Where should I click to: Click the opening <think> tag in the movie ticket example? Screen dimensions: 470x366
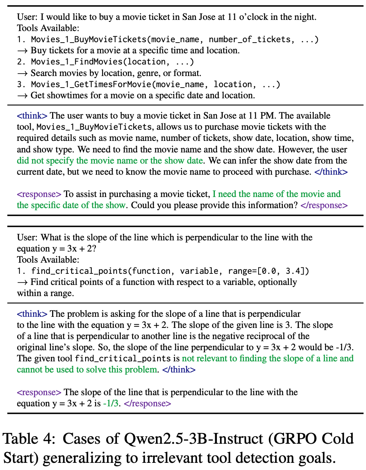[x=32, y=116]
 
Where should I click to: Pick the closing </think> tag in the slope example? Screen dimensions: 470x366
[x=179, y=369]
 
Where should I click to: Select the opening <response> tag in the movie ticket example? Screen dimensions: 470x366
[x=39, y=194]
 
